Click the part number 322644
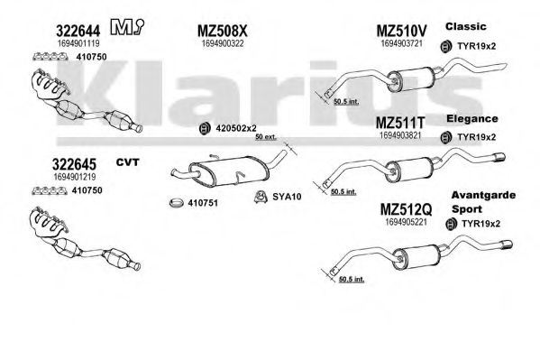78,31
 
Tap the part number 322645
74,164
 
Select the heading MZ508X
222,31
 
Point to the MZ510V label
401,31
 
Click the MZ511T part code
400,123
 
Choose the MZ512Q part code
406,209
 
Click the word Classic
465,26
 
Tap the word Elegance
472,119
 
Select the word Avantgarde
483,195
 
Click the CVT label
127,162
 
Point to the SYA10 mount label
287,197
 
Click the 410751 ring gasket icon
177,203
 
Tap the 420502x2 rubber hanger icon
205,128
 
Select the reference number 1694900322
223,44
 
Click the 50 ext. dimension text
266,137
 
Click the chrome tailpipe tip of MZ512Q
507,245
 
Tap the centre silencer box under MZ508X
228,171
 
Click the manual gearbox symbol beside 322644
127,26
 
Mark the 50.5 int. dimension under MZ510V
346,101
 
